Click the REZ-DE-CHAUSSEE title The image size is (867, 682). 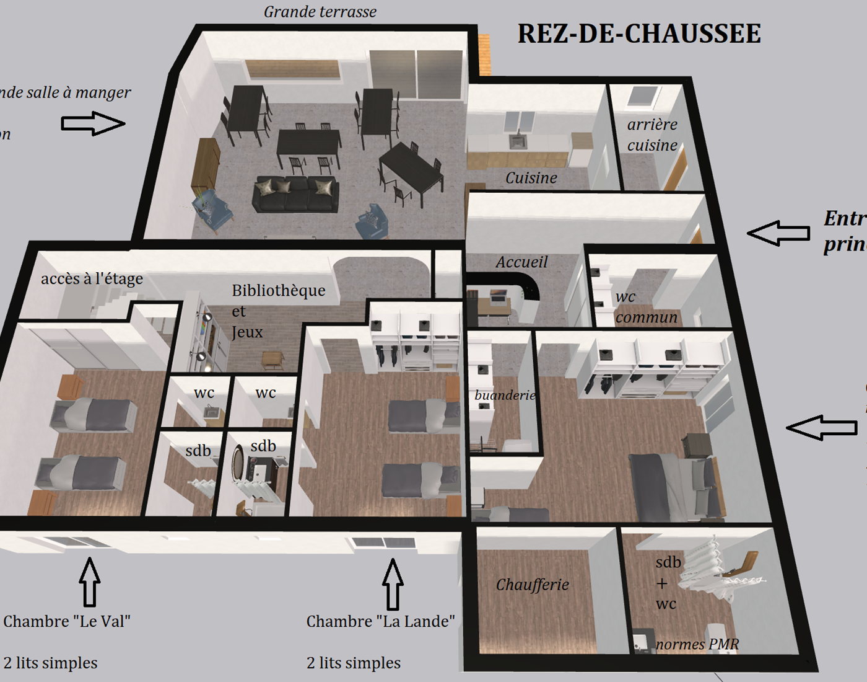[x=638, y=34]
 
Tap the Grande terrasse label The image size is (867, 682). [x=320, y=12]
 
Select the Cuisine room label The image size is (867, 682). [x=531, y=178]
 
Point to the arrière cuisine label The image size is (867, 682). [x=652, y=135]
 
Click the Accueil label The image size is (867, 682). [x=521, y=262]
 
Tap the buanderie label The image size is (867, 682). [x=505, y=395]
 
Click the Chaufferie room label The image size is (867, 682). [x=532, y=584]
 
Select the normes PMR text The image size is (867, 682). [x=697, y=644]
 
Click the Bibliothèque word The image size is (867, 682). [x=278, y=290]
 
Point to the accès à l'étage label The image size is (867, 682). [x=92, y=278]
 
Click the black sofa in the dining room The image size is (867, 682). [x=295, y=195]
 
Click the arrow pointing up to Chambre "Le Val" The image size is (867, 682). [x=90, y=582]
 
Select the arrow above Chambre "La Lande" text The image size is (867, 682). [x=392, y=584]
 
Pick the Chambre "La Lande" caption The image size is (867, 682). [x=380, y=621]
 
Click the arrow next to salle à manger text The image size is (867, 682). [x=93, y=123]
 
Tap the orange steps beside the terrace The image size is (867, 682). [x=484, y=55]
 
